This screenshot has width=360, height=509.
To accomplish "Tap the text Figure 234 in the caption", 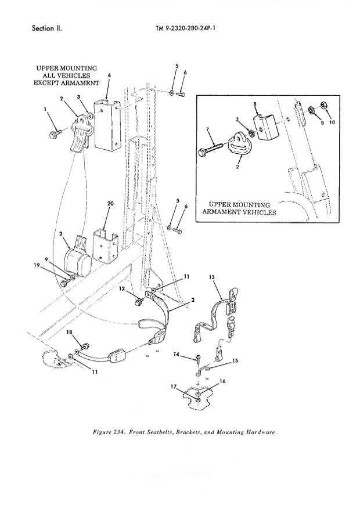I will tap(116, 432).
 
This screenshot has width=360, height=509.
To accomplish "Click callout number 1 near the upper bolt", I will tap(45, 109).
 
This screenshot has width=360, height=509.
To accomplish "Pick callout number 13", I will tap(211, 278).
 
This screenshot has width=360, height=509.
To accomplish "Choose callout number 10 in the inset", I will tap(332, 122).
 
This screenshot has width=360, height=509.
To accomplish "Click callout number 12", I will tap(122, 288).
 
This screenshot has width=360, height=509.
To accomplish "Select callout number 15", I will tap(235, 361).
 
